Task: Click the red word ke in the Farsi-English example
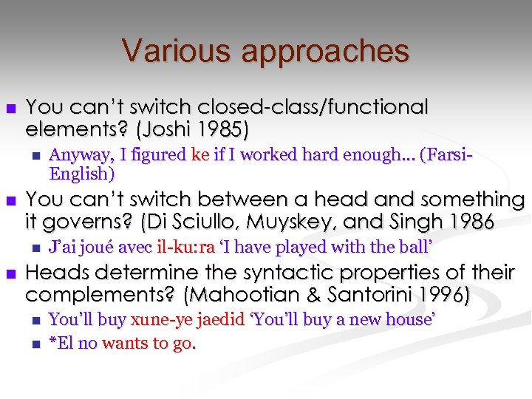pyautogui.click(x=199, y=155)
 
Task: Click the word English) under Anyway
pyautogui.click(x=81, y=174)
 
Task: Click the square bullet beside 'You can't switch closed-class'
pyautogui.click(x=10, y=109)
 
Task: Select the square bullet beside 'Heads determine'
pyautogui.click(x=10, y=273)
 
